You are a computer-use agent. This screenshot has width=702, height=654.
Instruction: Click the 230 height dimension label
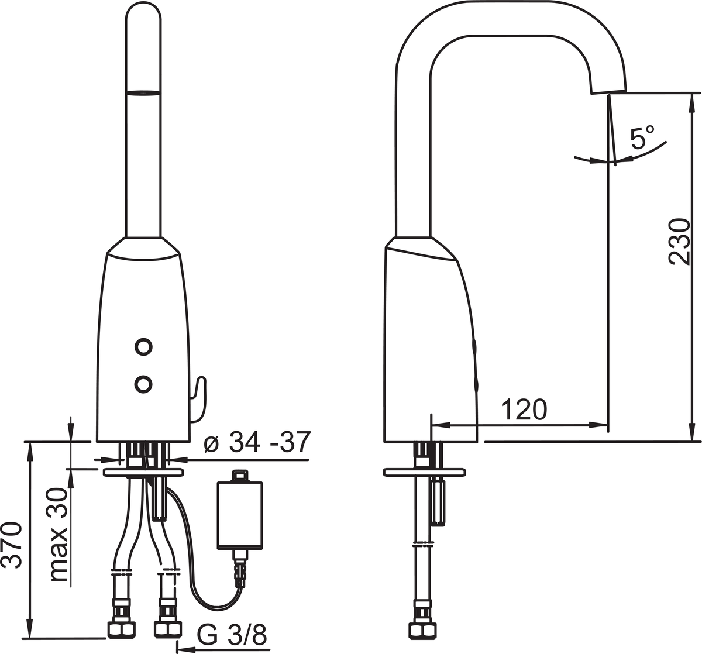[x=679, y=242]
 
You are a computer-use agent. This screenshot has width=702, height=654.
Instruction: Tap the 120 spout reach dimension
[x=524, y=410]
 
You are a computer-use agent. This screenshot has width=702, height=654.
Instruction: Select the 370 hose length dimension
[x=12, y=545]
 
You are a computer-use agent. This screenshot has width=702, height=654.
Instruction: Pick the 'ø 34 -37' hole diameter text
[x=257, y=442]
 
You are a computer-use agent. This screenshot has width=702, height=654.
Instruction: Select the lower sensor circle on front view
[x=143, y=384]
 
